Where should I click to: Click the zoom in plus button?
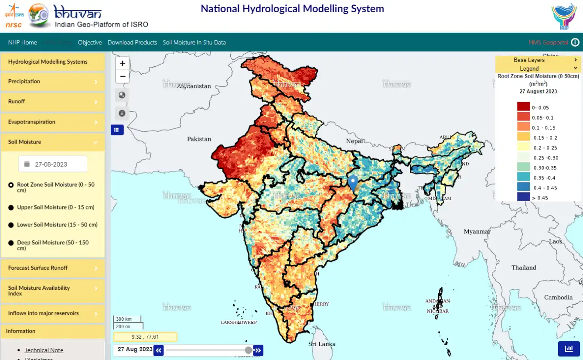click(123, 63)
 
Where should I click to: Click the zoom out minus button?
click(123, 76)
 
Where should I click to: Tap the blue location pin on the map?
click(353, 182)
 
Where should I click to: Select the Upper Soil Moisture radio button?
click(11, 208)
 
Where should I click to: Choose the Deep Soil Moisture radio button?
click(11, 243)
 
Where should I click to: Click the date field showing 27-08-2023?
click(53, 164)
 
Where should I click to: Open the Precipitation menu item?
click(52, 82)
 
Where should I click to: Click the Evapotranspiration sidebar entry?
click(52, 122)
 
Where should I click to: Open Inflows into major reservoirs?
click(52, 313)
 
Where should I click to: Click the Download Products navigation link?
click(132, 42)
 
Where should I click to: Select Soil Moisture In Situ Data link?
click(194, 42)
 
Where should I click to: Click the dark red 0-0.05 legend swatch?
click(523, 107)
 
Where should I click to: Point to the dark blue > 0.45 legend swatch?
click(523, 197)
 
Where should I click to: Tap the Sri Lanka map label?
click(322, 344)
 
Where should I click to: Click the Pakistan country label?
click(199, 139)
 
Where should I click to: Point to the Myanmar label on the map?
click(477, 231)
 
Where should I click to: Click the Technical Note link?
click(44, 350)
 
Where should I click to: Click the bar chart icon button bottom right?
click(569, 349)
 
